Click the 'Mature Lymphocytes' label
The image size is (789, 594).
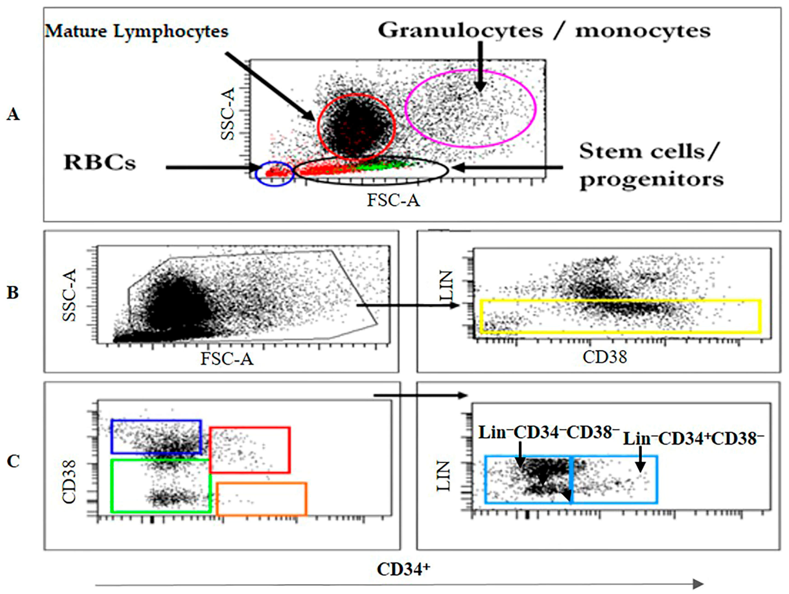point(136,31)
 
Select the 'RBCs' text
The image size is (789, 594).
point(100,163)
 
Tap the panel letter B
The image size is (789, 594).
point(13,293)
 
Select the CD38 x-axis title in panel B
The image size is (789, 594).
point(605,357)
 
